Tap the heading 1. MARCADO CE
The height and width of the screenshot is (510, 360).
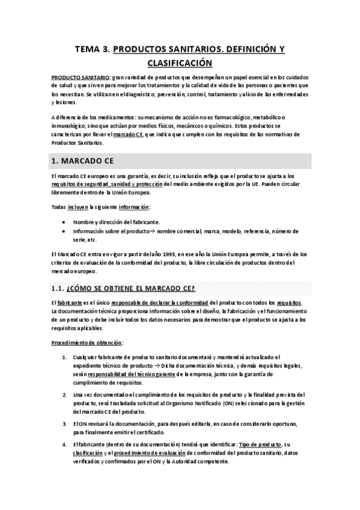[x=81, y=161]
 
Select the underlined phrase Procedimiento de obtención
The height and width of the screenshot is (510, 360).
[x=87, y=343]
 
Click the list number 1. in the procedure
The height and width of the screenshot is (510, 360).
[x=64, y=357]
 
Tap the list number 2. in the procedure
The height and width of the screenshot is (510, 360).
[x=64, y=395]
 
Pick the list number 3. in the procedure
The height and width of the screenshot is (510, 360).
[x=64, y=423]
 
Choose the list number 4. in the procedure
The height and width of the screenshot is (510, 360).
[x=64, y=444]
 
